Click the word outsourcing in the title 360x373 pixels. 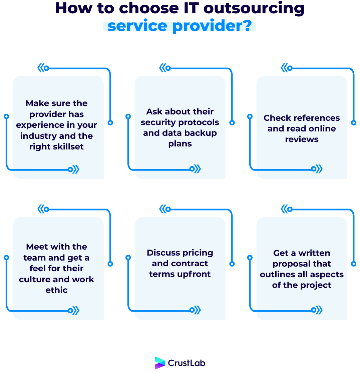click(x=254, y=8)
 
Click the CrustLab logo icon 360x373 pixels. click(x=160, y=363)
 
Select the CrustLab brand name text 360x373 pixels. click(x=187, y=363)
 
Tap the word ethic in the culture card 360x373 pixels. click(x=57, y=290)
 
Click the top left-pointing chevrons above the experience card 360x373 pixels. click(x=41, y=68)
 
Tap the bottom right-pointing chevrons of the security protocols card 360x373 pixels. click(x=197, y=169)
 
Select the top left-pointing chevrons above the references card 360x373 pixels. click(x=285, y=68)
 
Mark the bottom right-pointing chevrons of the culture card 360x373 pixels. click(x=75, y=311)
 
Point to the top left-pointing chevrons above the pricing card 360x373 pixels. click(x=163, y=210)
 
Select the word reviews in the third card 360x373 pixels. click(x=302, y=139)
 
